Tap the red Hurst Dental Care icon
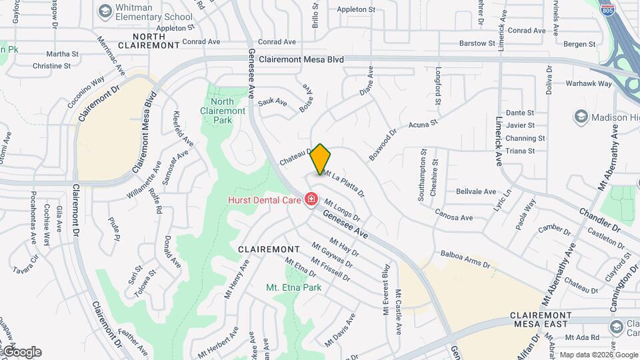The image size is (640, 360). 311,199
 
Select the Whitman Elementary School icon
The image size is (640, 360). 105,11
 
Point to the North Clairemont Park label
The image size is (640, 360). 223,111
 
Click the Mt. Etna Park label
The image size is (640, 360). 293,287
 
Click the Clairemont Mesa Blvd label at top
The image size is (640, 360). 301,59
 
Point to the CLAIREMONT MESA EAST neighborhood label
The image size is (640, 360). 541,319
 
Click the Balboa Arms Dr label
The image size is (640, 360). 465,259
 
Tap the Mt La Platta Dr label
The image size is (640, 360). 344,183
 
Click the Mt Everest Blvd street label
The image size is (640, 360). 385,289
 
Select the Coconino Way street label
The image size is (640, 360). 86,92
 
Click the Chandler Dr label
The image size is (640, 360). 599,219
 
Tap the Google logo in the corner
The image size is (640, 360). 21,352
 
